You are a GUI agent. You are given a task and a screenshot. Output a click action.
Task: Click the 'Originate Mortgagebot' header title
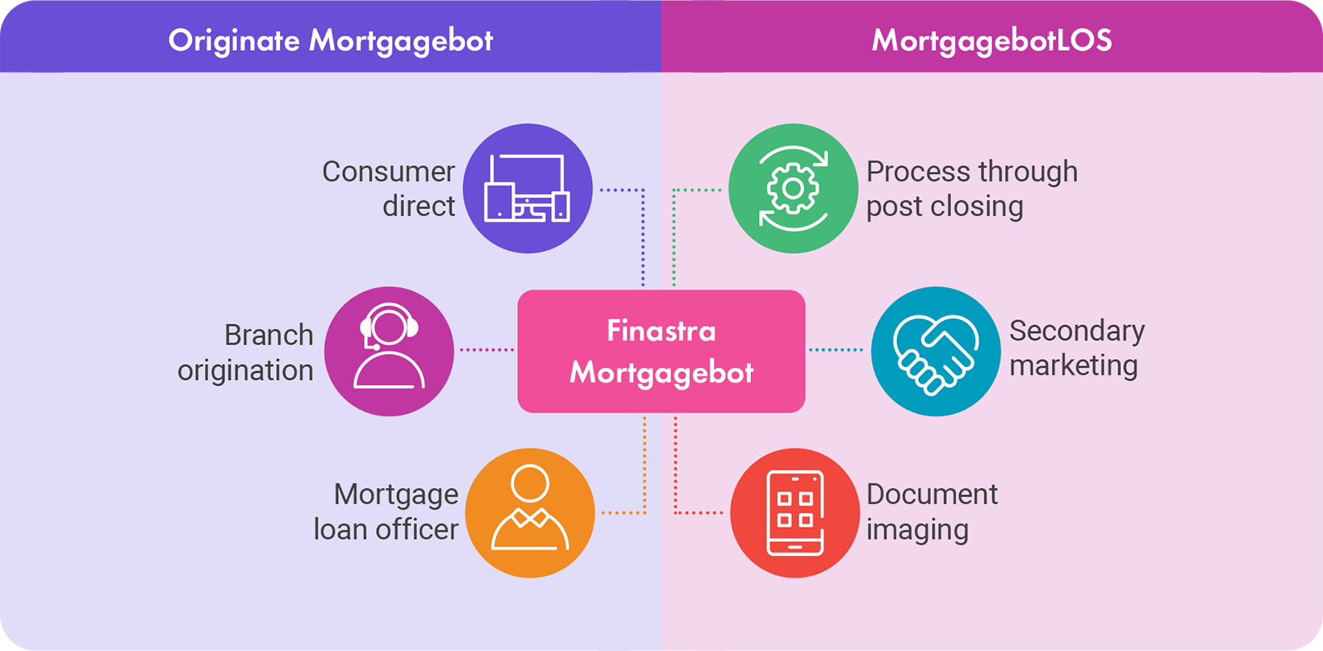pyautogui.click(x=330, y=40)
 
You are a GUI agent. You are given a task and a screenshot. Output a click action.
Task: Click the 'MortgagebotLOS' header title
pyautogui.click(x=991, y=40)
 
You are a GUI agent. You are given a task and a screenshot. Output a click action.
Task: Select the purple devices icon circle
pyautogui.click(x=528, y=189)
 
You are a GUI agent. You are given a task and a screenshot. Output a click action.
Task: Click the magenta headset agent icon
pyautogui.click(x=389, y=351)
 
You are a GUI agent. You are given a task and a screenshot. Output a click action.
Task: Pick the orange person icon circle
pyautogui.click(x=530, y=513)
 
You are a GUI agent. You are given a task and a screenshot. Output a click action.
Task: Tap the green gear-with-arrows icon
pyautogui.click(x=793, y=189)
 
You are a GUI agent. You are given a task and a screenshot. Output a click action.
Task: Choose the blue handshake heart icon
pyautogui.click(x=936, y=351)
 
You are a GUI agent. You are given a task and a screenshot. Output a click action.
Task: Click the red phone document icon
pyautogui.click(x=795, y=513)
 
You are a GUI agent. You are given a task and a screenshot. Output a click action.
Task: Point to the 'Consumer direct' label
pyautogui.click(x=390, y=189)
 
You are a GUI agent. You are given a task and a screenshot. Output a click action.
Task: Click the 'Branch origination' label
pyautogui.click(x=246, y=353)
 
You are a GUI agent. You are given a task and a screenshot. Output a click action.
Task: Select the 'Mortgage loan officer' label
pyautogui.click(x=386, y=511)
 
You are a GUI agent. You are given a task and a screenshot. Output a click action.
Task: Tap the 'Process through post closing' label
pyautogui.click(x=971, y=189)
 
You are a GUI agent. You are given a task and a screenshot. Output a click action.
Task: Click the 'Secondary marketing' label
pyautogui.click(x=1076, y=348)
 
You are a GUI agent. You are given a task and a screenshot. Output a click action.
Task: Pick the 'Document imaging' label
pyautogui.click(x=932, y=511)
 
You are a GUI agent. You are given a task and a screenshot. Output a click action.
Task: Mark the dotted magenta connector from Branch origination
pyautogui.click(x=486, y=349)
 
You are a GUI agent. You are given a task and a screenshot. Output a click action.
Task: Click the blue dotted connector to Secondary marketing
pyautogui.click(x=837, y=349)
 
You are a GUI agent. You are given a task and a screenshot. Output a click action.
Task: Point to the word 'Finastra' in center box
pyautogui.click(x=661, y=331)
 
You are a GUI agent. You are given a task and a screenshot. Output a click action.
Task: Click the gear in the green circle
pyautogui.click(x=793, y=188)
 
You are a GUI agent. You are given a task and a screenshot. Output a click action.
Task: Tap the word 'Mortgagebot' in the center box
pyautogui.click(x=661, y=372)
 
